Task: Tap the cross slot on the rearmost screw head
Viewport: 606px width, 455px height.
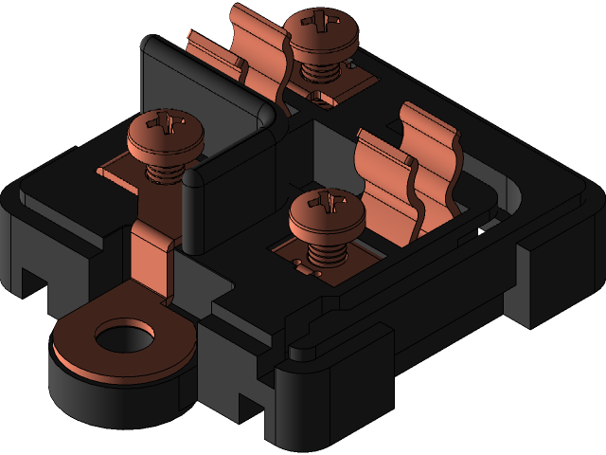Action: [x=323, y=19]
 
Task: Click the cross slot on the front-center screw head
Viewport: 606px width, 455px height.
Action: [x=328, y=202]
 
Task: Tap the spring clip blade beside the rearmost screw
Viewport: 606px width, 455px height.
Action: [x=260, y=57]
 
